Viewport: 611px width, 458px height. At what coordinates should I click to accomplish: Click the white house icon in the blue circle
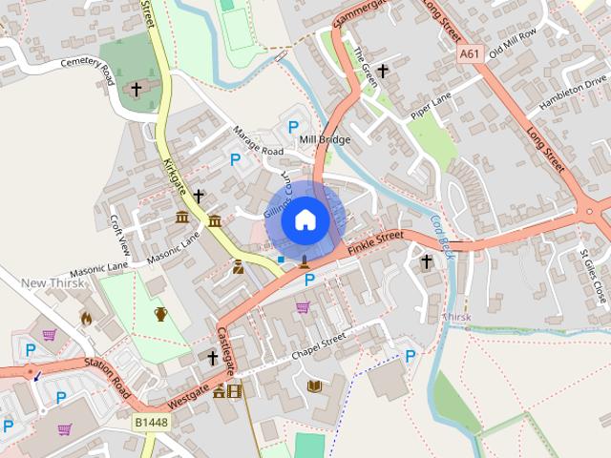click(305, 219)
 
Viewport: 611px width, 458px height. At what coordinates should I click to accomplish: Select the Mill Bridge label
click(325, 139)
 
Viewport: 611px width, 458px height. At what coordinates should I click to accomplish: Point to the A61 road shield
click(468, 54)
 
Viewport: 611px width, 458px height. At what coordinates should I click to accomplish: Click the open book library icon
click(314, 385)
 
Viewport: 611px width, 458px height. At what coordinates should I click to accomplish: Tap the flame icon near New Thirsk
click(85, 318)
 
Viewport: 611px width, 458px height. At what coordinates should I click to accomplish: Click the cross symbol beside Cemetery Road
click(136, 89)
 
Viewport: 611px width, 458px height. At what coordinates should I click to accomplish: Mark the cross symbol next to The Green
click(383, 71)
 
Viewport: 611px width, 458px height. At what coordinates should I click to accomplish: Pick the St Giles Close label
click(593, 273)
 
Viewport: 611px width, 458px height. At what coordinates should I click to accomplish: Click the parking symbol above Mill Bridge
click(293, 127)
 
